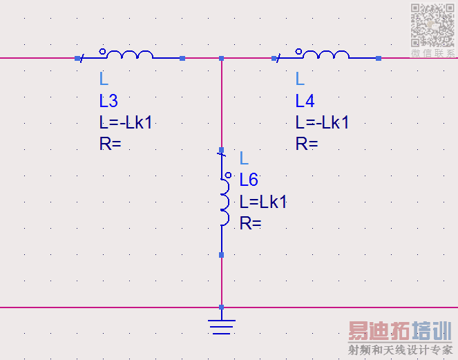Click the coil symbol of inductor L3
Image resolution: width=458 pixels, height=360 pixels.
click(x=130, y=55)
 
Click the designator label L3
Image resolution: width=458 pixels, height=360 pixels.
click(x=108, y=101)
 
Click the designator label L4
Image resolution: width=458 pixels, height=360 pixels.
click(x=305, y=101)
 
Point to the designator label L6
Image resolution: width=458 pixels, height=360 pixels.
click(x=249, y=180)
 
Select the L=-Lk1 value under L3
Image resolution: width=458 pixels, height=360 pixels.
click(x=126, y=122)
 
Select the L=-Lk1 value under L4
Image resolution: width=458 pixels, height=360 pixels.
click(x=323, y=122)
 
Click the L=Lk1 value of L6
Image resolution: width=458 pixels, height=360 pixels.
click(x=263, y=202)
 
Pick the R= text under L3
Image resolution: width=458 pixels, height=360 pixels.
click(x=110, y=144)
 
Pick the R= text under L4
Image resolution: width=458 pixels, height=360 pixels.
click(x=307, y=144)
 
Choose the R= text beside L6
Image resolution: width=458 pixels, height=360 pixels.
click(x=250, y=222)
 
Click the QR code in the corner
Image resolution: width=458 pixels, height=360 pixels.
click(x=433, y=25)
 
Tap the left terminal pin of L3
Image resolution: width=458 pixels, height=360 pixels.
click(x=77, y=58)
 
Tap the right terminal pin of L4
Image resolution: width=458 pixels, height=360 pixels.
click(x=379, y=58)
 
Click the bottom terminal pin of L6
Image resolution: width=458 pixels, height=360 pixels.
click(x=221, y=254)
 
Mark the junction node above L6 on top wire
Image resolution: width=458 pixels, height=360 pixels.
click(x=221, y=58)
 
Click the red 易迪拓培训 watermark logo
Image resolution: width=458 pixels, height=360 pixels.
click(x=399, y=332)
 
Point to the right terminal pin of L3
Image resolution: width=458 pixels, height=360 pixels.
click(x=182, y=58)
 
